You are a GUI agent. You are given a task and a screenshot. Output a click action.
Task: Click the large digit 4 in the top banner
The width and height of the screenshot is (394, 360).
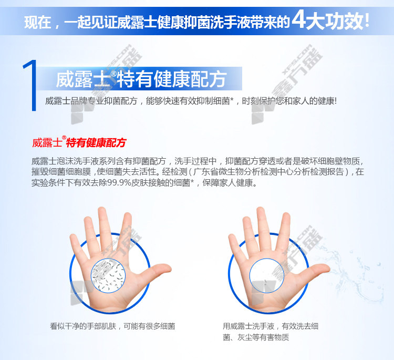(298, 19)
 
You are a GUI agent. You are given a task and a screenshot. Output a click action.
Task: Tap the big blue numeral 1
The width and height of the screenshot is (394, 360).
(30, 85)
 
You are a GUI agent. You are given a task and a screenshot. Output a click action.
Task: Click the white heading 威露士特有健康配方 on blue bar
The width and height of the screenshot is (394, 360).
(141, 79)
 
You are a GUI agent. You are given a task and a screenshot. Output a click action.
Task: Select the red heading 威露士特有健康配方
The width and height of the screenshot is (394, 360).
(79, 142)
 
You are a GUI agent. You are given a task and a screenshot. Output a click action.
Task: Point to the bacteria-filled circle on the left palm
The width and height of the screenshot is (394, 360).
(108, 275)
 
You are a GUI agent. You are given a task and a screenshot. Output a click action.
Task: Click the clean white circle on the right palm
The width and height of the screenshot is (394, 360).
(266, 275)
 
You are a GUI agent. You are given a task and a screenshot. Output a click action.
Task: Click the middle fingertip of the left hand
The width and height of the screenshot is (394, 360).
(102, 211)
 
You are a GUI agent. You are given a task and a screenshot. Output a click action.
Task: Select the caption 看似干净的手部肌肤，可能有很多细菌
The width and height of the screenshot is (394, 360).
(112, 326)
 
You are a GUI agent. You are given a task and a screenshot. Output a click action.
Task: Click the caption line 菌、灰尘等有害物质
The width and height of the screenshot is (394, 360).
(256, 337)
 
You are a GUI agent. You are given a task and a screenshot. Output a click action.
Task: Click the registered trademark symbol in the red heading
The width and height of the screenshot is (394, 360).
(64, 138)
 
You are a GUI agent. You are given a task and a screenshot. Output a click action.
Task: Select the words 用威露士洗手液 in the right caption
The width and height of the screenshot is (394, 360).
(248, 326)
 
